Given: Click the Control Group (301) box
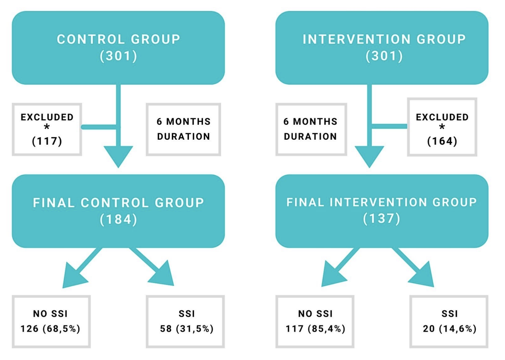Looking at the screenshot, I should [x=118, y=48].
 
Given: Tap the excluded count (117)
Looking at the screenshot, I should [x=47, y=141].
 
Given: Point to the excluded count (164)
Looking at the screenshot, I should [x=442, y=141].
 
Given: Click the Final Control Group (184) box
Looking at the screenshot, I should [x=118, y=211].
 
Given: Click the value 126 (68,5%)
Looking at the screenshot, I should [x=50, y=329].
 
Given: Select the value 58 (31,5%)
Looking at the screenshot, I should [x=187, y=329].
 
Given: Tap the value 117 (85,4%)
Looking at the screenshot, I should [x=315, y=329].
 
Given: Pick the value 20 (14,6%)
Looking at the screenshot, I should [x=449, y=329].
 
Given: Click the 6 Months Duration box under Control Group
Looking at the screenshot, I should [x=183, y=129].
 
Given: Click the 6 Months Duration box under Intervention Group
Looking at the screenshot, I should [x=311, y=129].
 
